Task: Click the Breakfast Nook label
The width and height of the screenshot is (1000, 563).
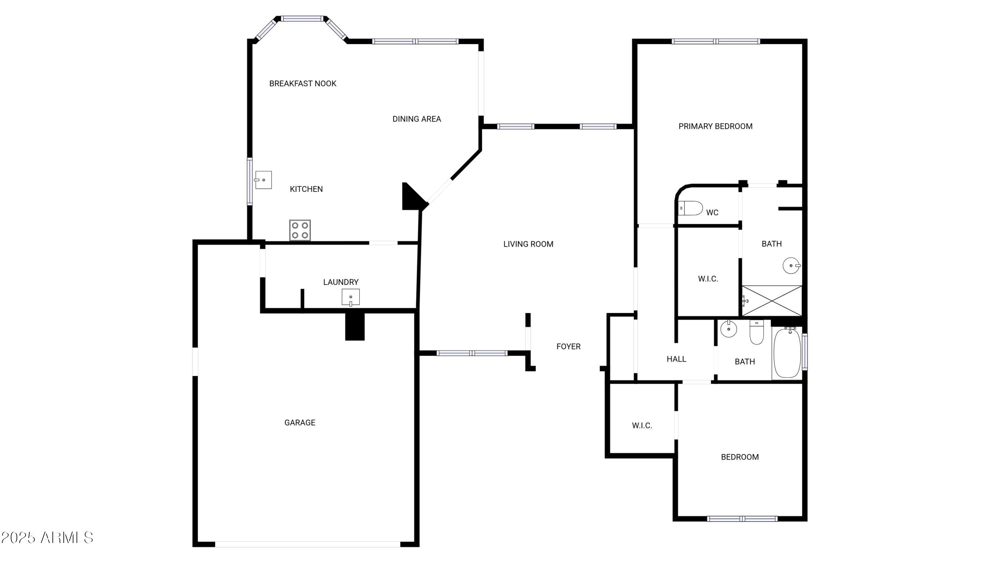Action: point(303,83)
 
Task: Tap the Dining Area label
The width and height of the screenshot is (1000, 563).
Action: point(417,119)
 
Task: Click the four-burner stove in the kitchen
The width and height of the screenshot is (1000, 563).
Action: point(300,230)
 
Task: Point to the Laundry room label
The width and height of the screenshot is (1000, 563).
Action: point(341,282)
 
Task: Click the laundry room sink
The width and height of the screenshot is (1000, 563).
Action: point(351,297)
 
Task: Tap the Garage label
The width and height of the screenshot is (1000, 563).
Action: point(300,423)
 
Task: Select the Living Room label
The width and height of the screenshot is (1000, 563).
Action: point(528,244)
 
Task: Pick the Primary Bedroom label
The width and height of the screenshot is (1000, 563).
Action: point(715,126)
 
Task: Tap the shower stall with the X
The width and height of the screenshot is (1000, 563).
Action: point(772,301)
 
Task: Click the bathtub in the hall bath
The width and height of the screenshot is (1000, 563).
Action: point(787,353)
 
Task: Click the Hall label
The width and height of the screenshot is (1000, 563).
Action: point(676,359)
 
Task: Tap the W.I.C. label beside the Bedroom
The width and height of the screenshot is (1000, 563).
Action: point(642,426)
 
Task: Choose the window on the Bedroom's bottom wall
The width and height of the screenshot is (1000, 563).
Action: point(742,519)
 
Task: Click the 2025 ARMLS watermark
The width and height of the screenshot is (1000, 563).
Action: point(47,538)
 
